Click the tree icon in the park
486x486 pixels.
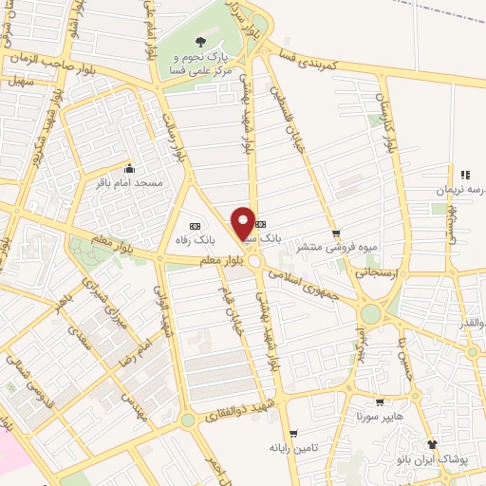point(200,41)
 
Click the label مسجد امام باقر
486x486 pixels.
point(129,180)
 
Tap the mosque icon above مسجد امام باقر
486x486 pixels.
point(129,166)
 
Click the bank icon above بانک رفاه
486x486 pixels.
point(195,226)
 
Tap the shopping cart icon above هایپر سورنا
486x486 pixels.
point(380,402)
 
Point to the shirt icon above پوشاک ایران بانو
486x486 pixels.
point(434,443)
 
